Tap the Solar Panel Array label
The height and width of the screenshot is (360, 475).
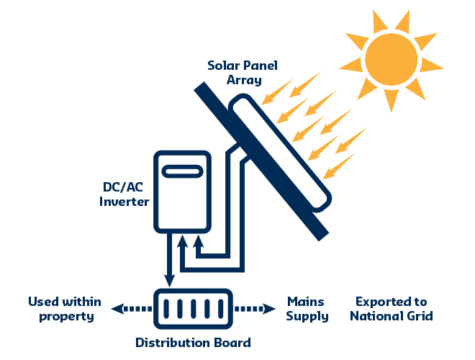(x=243, y=73)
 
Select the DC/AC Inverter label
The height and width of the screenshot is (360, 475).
(x=123, y=194)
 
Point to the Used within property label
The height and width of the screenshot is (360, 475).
(x=64, y=309)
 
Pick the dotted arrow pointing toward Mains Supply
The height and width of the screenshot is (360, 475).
(x=255, y=309)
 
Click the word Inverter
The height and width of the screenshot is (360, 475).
(x=123, y=202)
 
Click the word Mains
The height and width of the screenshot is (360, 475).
(x=305, y=301)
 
